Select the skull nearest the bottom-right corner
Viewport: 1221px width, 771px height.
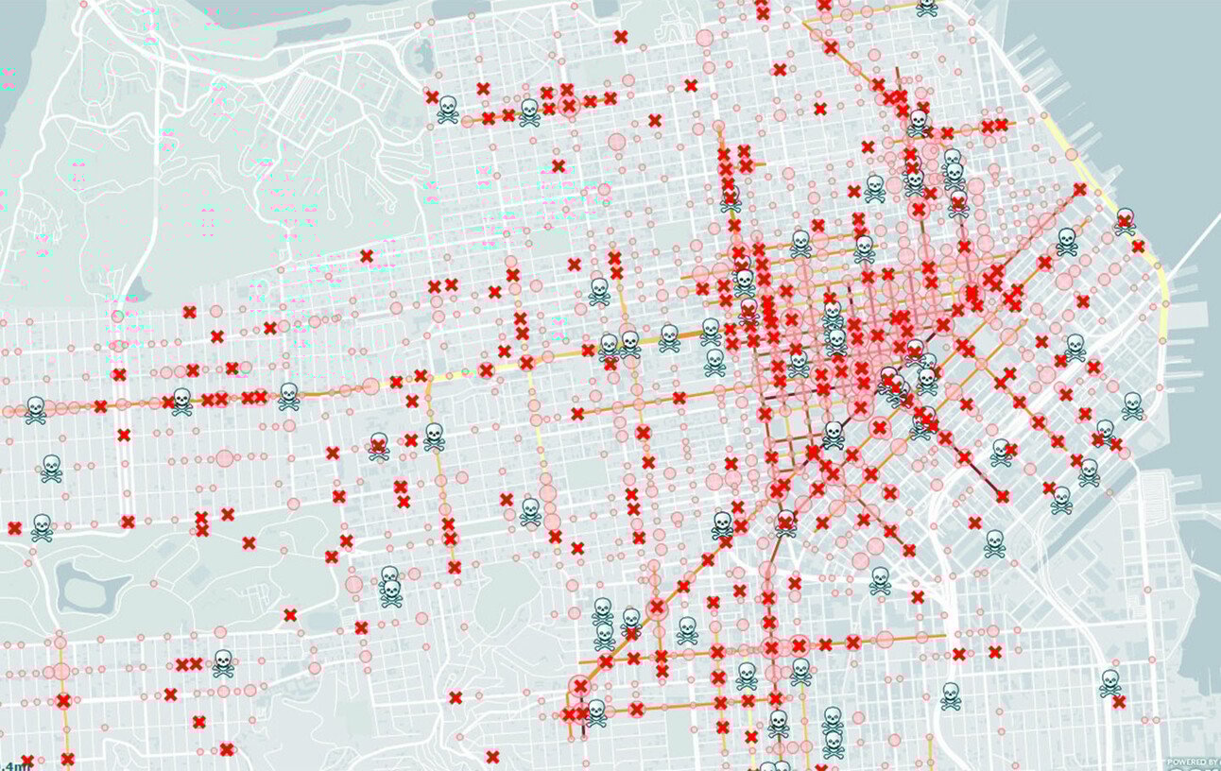tap(1110, 681)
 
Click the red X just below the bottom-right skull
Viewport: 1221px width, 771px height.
tap(1119, 701)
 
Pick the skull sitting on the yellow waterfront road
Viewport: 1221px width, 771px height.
tap(1125, 220)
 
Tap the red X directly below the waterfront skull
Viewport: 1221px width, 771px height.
tap(1138, 247)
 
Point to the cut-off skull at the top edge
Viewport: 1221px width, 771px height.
tap(927, 6)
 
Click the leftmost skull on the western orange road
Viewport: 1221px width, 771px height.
tap(35, 409)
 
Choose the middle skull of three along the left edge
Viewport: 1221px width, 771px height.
tap(51, 467)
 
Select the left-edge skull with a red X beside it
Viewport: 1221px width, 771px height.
tap(41, 526)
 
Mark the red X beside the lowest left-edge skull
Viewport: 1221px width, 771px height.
tap(14, 528)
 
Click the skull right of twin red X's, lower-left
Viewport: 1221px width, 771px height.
tap(223, 662)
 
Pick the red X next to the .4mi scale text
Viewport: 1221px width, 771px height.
tap(27, 761)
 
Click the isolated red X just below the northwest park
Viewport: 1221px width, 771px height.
tap(367, 255)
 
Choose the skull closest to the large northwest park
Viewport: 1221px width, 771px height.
tap(447, 110)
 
